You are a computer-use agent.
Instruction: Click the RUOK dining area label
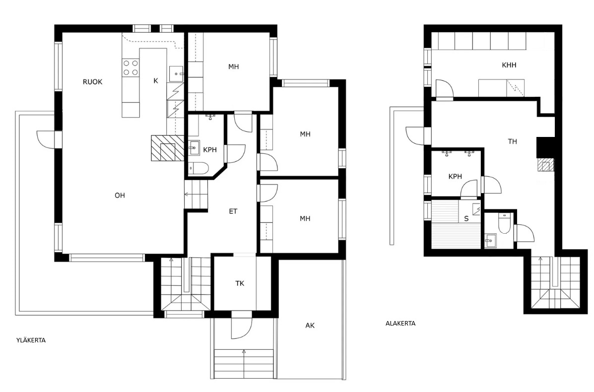point(92,82)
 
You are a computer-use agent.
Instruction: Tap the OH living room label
point(120,196)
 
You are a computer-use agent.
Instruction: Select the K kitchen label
point(156,81)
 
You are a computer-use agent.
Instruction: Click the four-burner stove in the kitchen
point(131,68)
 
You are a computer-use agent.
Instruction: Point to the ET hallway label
point(233,211)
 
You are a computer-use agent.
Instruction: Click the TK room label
point(240,283)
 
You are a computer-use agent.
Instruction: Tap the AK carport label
point(310,326)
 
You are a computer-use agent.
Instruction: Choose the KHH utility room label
point(509,65)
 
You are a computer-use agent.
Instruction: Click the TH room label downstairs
point(512,141)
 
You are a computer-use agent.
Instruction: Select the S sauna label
point(466,218)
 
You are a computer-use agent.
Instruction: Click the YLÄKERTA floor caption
point(31,340)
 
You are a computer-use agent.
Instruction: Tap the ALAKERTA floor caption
point(400,324)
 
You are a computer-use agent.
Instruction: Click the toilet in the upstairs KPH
point(198,168)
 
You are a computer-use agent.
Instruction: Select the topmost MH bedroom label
point(233,67)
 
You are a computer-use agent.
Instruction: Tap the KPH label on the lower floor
point(455,177)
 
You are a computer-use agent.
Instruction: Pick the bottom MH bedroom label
point(305,218)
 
